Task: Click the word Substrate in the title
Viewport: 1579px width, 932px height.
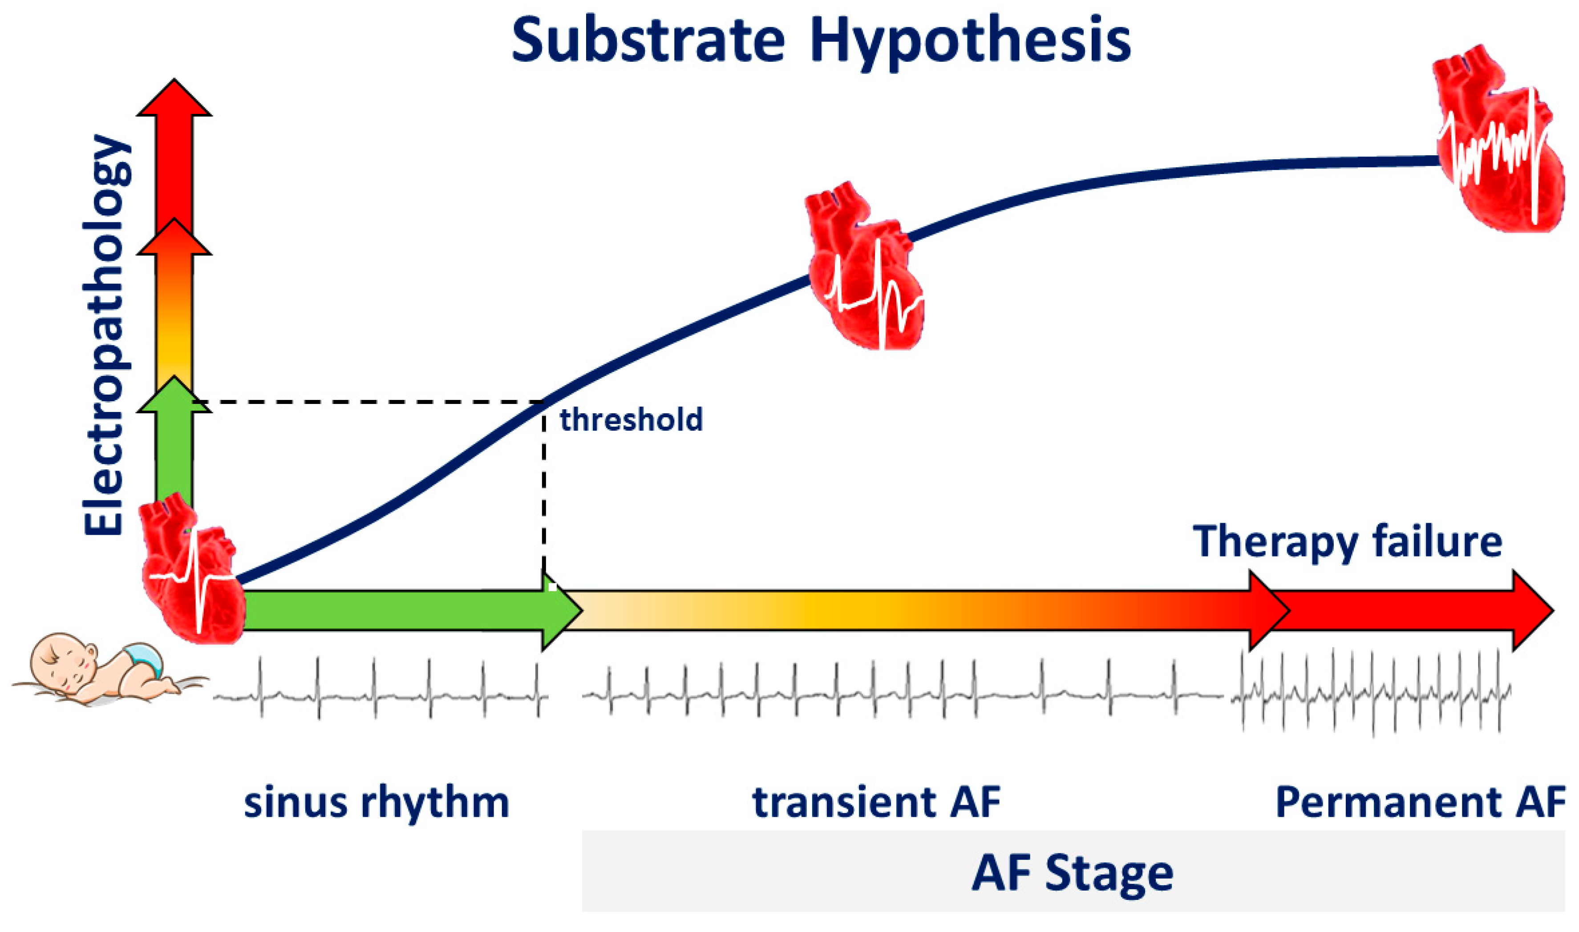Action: pos(648,39)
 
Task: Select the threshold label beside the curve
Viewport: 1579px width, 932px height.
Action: pos(631,419)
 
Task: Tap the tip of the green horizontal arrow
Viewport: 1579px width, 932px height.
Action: pos(583,610)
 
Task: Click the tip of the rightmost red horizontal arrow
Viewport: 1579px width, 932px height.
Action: pos(1554,610)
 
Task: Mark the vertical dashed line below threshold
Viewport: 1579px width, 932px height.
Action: pos(544,487)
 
